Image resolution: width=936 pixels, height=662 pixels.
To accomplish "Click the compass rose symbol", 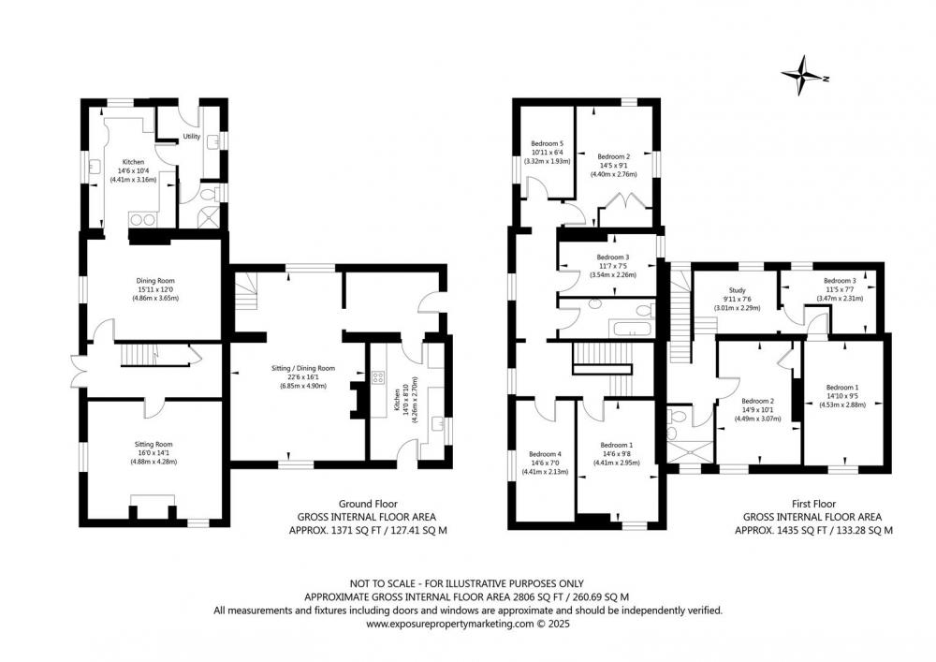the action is [x=803, y=75].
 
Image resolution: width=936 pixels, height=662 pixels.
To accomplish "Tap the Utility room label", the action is [x=192, y=137].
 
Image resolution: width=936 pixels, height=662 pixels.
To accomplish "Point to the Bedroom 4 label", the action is [x=545, y=454].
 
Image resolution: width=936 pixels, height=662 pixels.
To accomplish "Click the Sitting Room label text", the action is [x=154, y=444].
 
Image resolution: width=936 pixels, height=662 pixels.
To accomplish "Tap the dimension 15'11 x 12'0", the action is [x=155, y=289].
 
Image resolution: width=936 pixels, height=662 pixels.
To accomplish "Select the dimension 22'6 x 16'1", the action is [x=303, y=377].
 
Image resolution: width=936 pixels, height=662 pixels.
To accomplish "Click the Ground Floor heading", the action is [x=368, y=504].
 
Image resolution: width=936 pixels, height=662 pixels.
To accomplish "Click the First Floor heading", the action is [x=813, y=504].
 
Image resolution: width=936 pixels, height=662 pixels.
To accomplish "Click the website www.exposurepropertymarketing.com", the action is [x=449, y=624].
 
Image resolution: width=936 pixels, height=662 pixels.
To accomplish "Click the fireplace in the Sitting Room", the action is [x=153, y=507].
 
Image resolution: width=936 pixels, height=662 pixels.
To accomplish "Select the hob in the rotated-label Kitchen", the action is [x=377, y=377].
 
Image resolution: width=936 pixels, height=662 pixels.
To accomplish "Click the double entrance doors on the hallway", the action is [x=79, y=372].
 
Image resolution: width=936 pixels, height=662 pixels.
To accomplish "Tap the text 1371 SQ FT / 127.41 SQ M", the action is [x=368, y=530].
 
